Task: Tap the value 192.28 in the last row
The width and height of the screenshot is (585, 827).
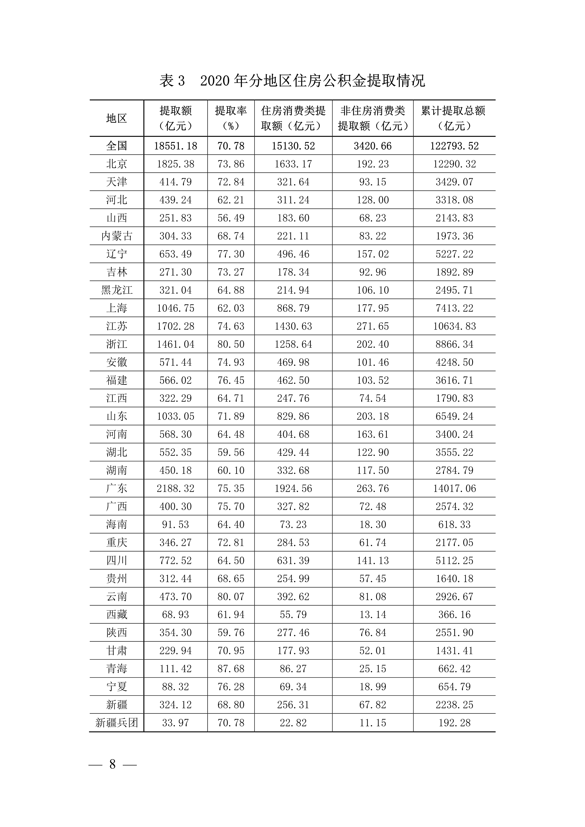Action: tap(454, 723)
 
